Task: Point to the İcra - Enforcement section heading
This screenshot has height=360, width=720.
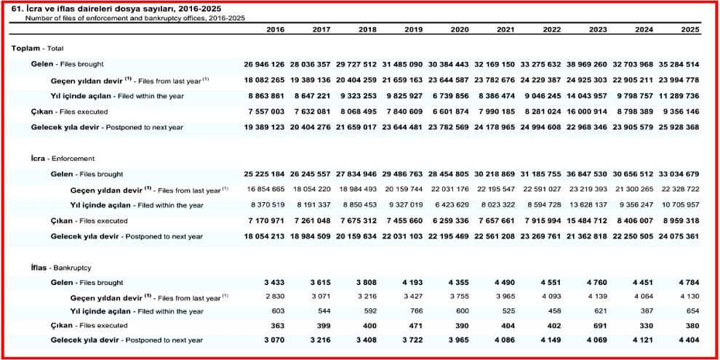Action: (53, 158)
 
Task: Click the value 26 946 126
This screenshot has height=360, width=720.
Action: (264, 65)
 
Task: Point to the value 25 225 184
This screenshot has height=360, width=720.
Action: (264, 175)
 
